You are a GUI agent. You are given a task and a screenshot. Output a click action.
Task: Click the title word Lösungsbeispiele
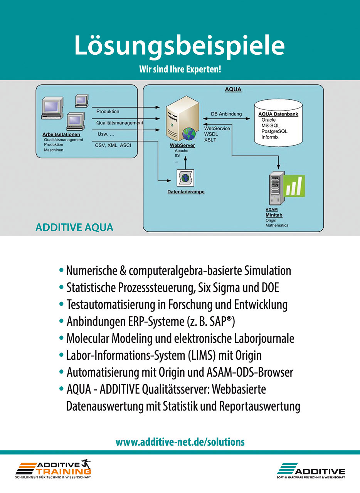[180, 46]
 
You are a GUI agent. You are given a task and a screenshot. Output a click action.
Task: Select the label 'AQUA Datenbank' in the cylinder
[278, 114]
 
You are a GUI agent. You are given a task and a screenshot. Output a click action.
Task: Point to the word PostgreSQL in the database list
[274, 131]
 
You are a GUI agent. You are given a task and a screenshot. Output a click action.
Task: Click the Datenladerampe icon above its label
[185, 178]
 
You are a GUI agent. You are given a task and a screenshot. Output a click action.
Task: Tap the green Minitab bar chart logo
[294, 186]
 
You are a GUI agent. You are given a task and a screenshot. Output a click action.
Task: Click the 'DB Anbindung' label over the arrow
[226, 114]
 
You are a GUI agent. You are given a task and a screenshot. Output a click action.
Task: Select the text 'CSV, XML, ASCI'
[113, 146]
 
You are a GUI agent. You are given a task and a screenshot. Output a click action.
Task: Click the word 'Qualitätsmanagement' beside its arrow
[119, 123]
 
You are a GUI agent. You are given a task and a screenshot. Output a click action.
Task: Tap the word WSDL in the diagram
[211, 134]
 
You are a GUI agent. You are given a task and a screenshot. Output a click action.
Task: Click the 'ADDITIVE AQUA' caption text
[74, 227]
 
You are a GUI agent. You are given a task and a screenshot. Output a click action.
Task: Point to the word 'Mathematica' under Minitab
[277, 225]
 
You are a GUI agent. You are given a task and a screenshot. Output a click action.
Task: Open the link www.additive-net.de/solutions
[180, 442]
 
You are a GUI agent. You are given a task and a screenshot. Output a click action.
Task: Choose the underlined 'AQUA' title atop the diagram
[233, 90]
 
